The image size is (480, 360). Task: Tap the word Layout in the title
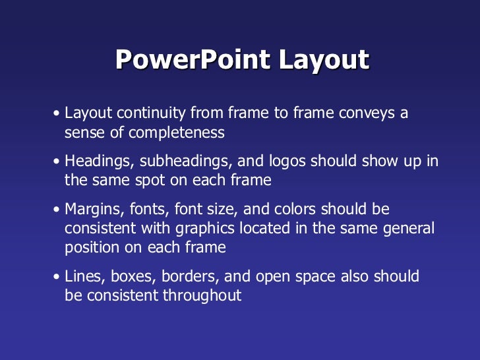(x=323, y=61)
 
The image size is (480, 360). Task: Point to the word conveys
(x=365, y=113)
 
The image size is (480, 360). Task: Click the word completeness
(x=177, y=133)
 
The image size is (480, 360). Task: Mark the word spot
(x=153, y=180)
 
